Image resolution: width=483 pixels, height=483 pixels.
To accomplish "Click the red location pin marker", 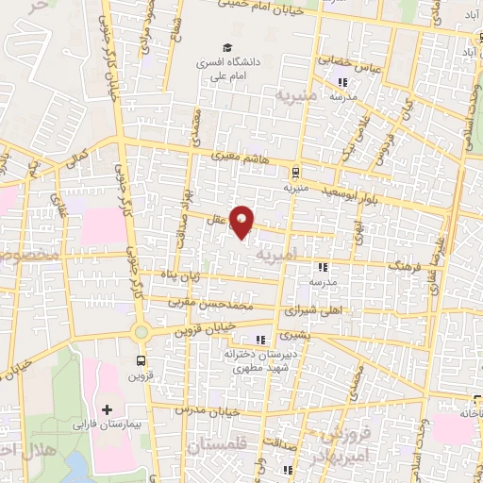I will tap(242, 223).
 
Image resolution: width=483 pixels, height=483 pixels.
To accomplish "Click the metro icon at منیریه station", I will tap(296, 173).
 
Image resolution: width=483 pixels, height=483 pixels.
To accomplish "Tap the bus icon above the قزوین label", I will tap(142, 360).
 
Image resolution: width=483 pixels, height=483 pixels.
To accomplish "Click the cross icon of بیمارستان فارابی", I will tap(106, 410).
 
